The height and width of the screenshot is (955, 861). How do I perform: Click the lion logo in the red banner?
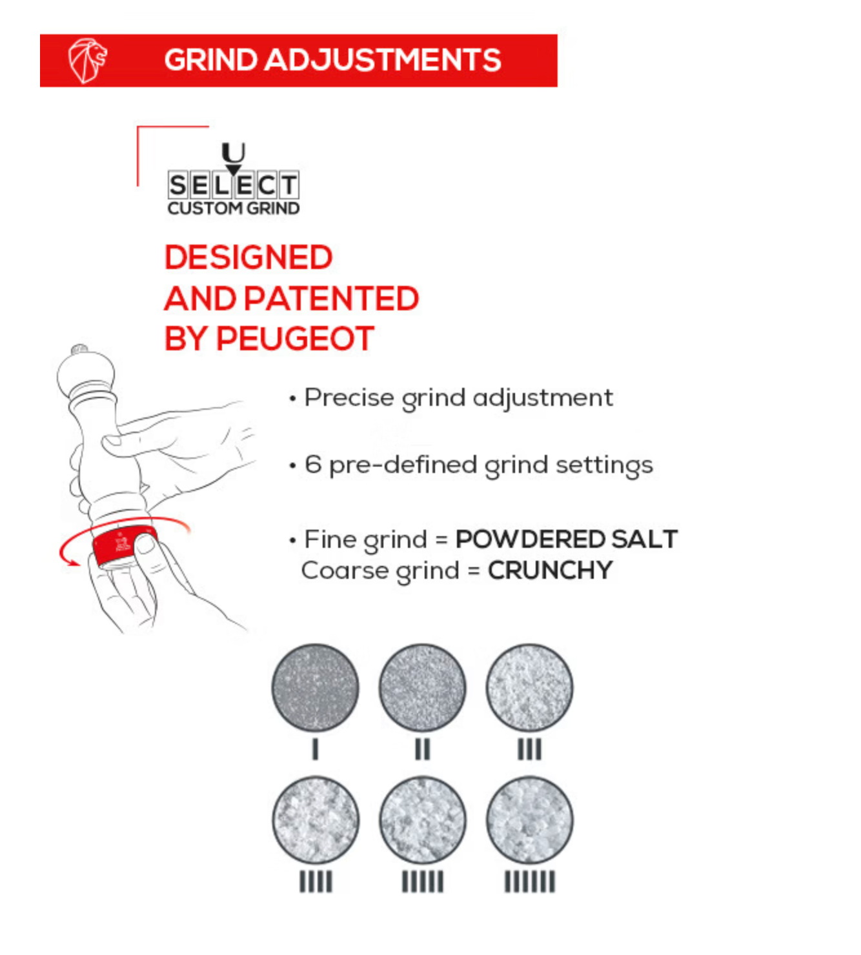(87, 61)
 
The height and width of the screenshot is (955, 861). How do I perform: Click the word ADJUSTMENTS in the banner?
(383, 60)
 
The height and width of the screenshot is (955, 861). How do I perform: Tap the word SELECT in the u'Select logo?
(234, 185)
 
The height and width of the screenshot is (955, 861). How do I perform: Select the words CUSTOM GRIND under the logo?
(234, 208)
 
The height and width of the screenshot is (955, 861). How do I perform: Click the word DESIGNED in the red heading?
(248, 257)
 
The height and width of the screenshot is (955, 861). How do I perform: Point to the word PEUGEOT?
(295, 339)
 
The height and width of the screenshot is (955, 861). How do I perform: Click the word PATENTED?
(332, 299)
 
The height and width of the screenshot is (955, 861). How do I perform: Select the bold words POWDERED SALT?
(566, 539)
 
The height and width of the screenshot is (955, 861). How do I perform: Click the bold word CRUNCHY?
(550, 570)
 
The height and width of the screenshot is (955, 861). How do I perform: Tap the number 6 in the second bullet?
(313, 464)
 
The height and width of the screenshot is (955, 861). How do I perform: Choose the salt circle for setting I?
(315, 687)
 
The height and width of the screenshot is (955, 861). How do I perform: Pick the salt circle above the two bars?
(422, 687)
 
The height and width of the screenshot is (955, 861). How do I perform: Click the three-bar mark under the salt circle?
(529, 749)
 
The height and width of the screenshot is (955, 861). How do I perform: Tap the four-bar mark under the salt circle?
(316, 881)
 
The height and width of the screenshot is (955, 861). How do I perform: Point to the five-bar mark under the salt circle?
(423, 881)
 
